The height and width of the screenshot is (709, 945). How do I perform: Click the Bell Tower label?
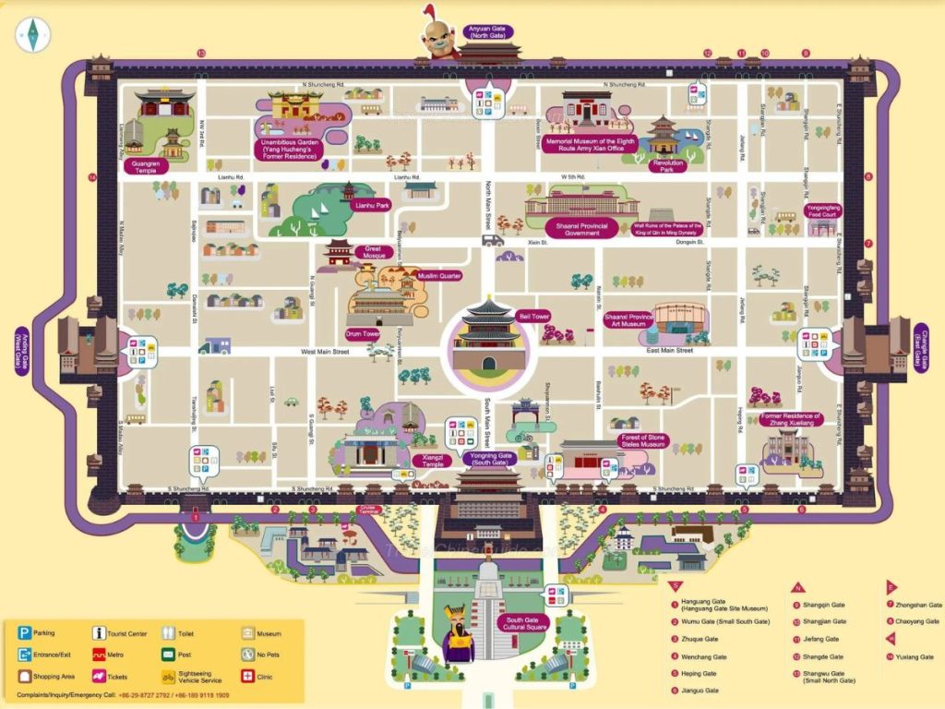tap(533, 316)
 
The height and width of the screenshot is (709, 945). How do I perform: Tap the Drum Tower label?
tap(363, 333)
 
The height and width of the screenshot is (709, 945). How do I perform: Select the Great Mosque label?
tap(373, 250)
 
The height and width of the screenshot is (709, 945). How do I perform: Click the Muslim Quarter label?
tap(438, 275)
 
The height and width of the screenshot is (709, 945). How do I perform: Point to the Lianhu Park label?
tap(373, 206)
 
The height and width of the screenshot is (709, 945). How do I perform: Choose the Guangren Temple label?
tap(145, 167)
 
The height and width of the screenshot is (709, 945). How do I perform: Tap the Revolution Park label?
tap(667, 166)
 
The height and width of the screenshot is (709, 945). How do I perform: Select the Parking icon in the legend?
tap(23, 633)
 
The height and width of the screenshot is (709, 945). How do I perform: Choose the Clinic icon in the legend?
tap(247, 676)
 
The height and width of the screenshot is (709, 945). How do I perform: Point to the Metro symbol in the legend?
tap(99, 655)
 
